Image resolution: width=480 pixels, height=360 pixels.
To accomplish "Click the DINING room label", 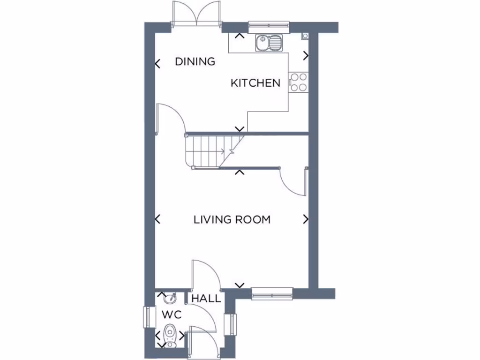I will point(195,61).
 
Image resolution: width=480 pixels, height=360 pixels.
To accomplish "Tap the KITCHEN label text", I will point(255,83).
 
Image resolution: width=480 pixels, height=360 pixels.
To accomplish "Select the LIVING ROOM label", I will point(232,219).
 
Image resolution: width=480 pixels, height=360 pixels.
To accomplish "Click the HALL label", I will point(206,299).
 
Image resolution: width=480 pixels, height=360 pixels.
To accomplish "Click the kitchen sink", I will point(270,43).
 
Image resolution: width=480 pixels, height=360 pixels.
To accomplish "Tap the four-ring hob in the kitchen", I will point(298,82).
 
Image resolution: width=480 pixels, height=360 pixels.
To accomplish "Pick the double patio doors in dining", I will point(197,14).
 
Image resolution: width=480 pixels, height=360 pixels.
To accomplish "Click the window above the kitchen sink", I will point(269,24).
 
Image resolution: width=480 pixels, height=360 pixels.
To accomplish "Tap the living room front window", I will point(272,294).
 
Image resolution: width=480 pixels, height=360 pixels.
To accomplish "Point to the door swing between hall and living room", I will point(206,274).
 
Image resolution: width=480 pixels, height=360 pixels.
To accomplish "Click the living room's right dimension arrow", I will point(306,219).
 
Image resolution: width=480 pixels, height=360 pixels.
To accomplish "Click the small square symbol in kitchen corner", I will point(305,36).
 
